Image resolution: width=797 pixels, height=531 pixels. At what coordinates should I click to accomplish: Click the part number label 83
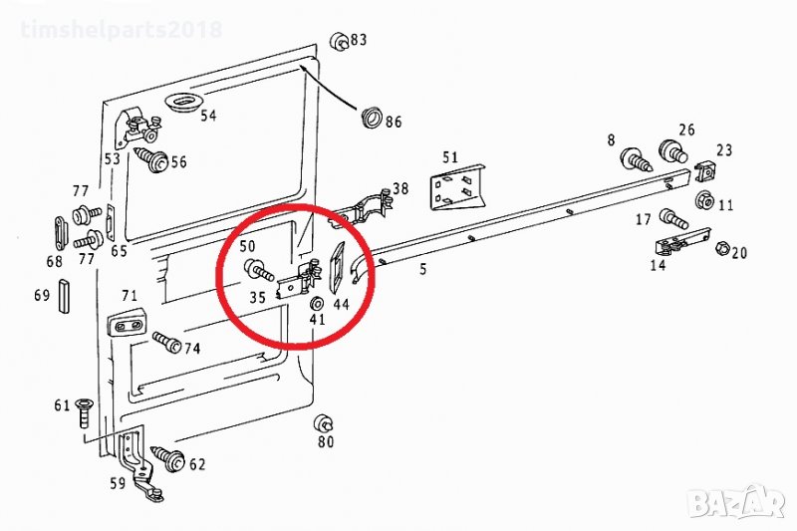tap(359, 40)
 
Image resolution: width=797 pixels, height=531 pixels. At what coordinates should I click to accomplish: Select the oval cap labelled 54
tap(183, 104)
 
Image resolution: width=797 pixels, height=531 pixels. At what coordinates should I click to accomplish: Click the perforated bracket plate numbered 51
tap(457, 186)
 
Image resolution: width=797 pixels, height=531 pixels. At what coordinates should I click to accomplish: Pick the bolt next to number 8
tap(636, 159)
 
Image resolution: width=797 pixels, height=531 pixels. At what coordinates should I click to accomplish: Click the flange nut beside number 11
tap(704, 198)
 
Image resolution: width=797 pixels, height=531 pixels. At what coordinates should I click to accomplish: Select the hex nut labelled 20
tap(723, 249)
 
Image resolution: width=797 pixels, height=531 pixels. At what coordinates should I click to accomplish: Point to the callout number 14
tap(658, 265)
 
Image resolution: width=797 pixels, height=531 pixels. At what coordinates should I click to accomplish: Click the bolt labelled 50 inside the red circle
tap(259, 270)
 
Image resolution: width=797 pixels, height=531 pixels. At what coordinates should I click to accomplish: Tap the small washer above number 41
tap(317, 303)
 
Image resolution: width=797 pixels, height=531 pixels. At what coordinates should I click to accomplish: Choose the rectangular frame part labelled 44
tap(338, 268)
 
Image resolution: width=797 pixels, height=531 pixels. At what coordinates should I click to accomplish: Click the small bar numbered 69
tap(65, 296)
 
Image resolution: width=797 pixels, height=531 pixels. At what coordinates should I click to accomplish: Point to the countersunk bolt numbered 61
tap(83, 412)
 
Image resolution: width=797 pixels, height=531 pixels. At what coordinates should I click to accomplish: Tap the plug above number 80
tap(323, 422)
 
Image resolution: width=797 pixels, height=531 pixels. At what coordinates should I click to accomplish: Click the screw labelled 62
tap(167, 457)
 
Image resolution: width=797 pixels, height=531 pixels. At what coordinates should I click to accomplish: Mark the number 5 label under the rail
tap(422, 269)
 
